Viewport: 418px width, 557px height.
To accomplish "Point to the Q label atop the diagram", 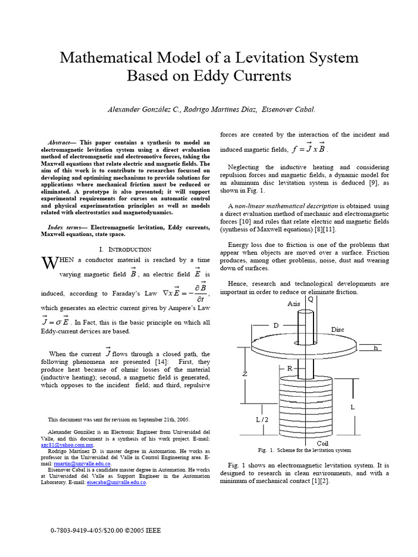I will (x=310, y=299).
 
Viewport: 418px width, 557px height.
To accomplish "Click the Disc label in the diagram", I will (x=338, y=330).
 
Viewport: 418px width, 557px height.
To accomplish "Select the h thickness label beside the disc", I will (x=375, y=348).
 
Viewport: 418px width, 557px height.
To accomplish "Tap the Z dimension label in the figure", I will (x=245, y=374).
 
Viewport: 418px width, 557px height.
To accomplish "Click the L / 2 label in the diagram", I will (x=262, y=419).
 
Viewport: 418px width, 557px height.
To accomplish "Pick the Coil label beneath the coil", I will (x=322, y=443).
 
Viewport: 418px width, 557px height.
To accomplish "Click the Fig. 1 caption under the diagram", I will (x=304, y=450).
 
